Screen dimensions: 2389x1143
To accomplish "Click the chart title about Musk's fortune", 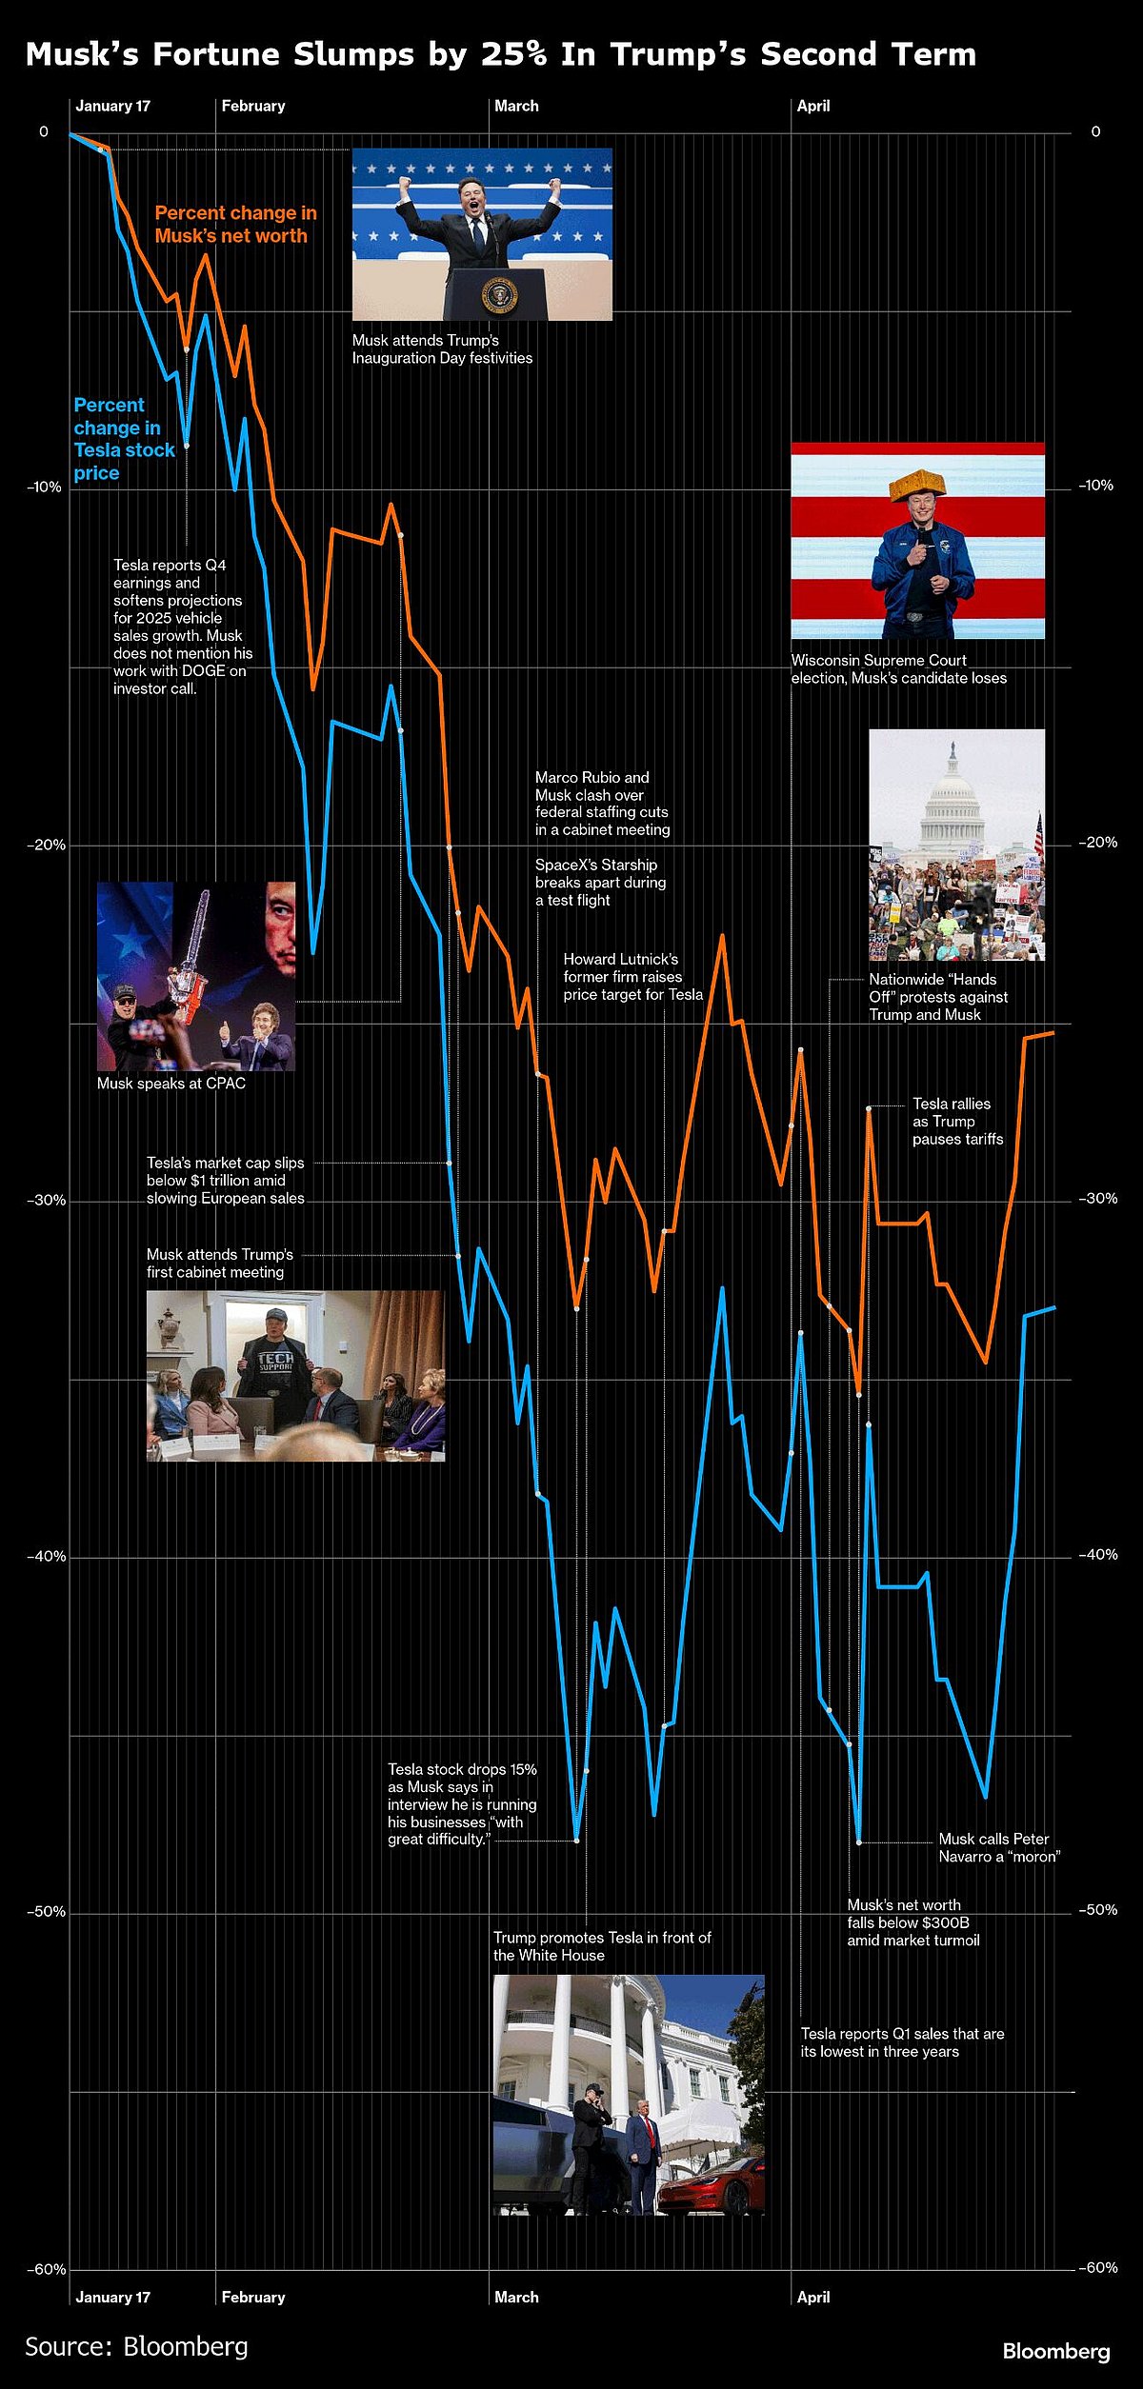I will coord(500,54).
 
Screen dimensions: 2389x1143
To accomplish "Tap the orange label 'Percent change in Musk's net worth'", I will coord(235,225).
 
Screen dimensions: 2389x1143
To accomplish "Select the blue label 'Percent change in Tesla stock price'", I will coord(124,439).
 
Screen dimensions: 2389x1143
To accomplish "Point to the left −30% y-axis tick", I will coord(46,1201).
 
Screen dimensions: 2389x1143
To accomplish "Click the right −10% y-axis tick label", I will coord(1095,486).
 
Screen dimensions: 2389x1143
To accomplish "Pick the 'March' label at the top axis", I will coord(516,106).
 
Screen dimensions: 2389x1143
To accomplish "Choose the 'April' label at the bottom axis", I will coord(813,2297).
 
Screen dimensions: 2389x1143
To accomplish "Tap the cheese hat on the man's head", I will coord(917,483).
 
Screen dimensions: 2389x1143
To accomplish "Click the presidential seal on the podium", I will coord(499,295).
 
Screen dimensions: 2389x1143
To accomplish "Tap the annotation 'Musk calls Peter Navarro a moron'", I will coord(998,1847).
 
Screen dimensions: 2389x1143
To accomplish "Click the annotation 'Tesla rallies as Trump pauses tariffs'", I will coord(957,1121).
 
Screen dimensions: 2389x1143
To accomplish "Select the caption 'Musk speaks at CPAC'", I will coord(171,1083).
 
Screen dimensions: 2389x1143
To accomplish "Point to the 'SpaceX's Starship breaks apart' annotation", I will coord(600,882).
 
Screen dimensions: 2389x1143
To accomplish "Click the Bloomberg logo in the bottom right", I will coord(1055,2351).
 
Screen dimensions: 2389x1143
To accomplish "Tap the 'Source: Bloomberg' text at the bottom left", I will coord(136,2346).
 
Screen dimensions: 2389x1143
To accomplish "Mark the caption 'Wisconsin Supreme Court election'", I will coord(898,668).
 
